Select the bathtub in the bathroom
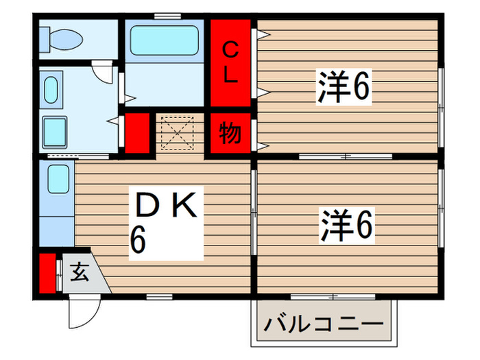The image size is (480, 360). pyautogui.click(x=165, y=40)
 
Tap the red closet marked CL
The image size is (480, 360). pyautogui.click(x=231, y=62)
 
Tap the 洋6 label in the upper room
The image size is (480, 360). pyautogui.click(x=344, y=87)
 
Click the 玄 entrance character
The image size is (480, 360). pyautogui.click(x=80, y=274)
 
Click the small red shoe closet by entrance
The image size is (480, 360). pyautogui.click(x=46, y=273)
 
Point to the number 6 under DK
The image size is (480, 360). pyautogui.click(x=138, y=241)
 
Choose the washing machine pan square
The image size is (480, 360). pyautogui.click(x=56, y=130)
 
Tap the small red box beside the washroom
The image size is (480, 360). pyautogui.click(x=137, y=133)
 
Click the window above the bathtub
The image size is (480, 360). pyautogui.click(x=163, y=15)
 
